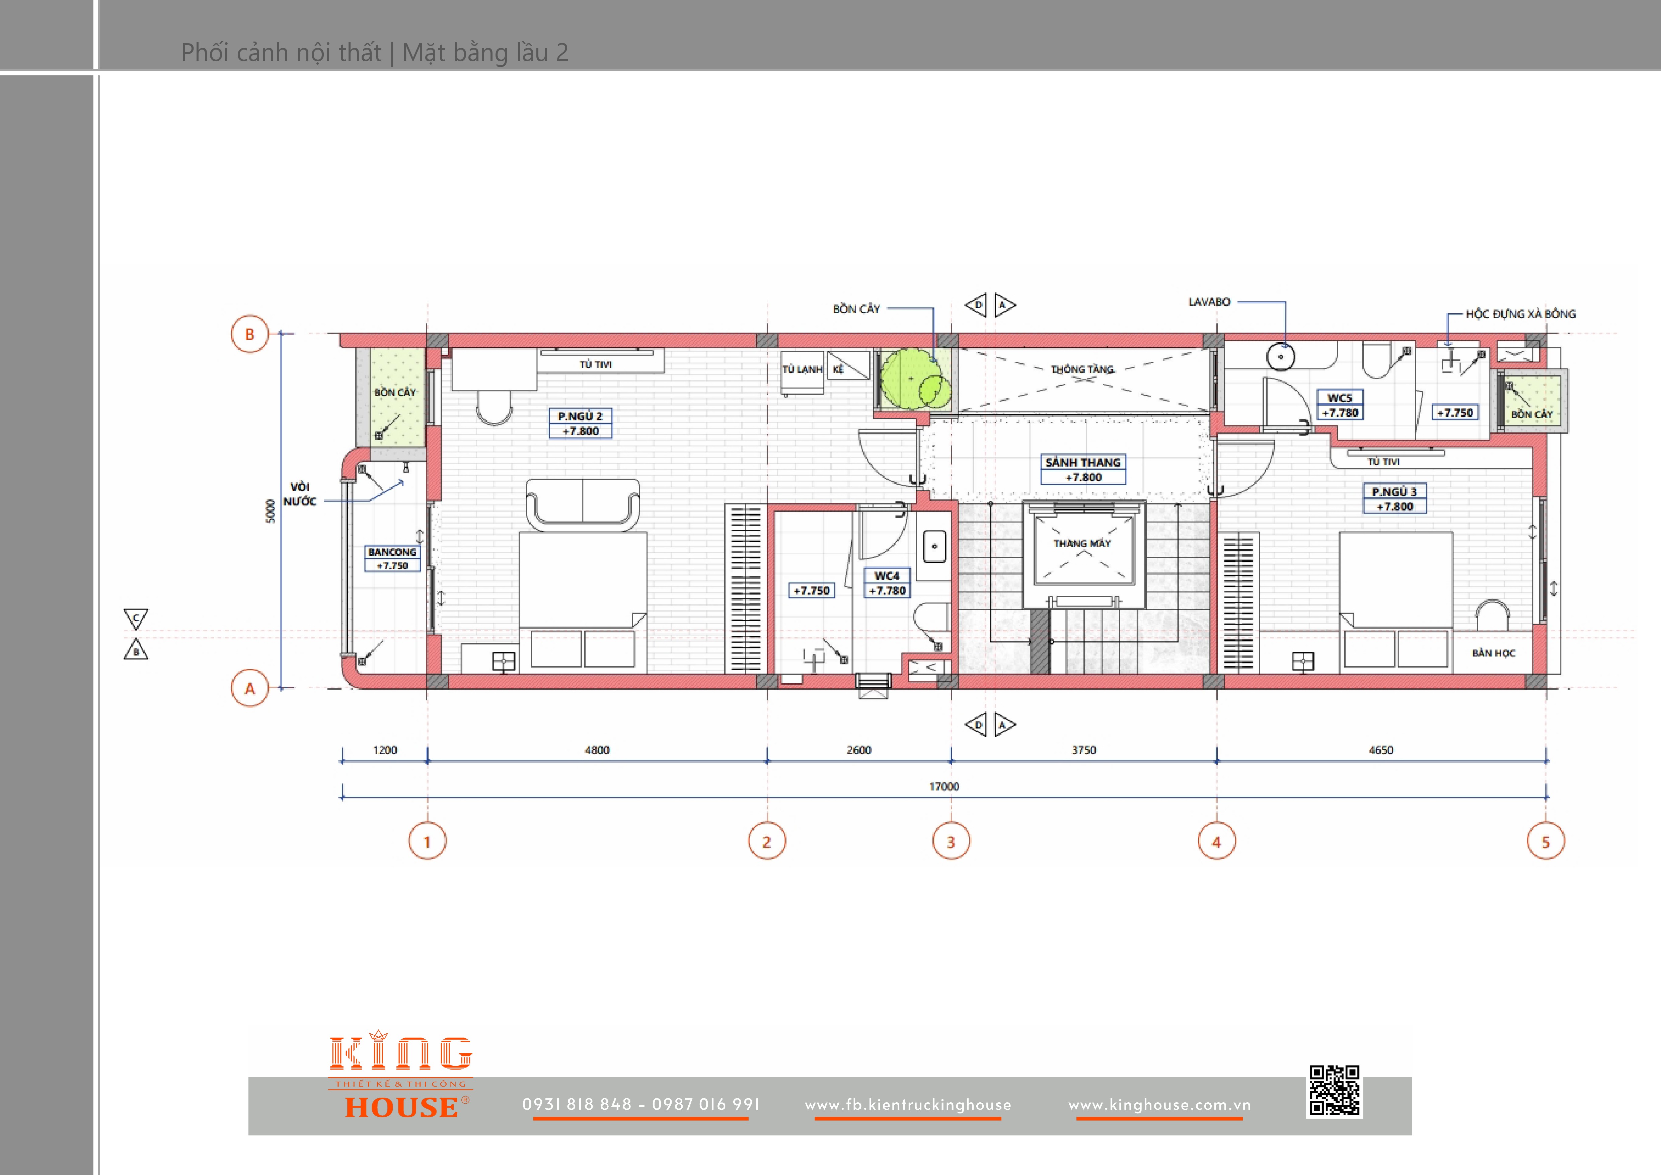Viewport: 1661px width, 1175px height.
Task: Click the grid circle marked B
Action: tap(249, 334)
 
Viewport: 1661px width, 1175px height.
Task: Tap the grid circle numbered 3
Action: tap(951, 841)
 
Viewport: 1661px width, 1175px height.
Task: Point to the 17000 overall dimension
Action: tap(944, 786)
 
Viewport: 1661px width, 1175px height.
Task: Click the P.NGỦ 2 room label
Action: tap(580, 416)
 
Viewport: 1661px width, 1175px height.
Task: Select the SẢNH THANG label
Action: tap(1083, 462)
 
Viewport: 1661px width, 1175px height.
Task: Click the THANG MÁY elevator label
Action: tap(1082, 543)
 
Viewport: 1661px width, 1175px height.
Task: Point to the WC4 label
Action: tap(887, 576)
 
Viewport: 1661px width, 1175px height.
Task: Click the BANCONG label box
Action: tap(392, 558)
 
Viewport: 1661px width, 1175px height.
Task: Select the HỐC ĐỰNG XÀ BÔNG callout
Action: tap(1521, 314)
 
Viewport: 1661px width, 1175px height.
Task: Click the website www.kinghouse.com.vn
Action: tap(1160, 1105)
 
